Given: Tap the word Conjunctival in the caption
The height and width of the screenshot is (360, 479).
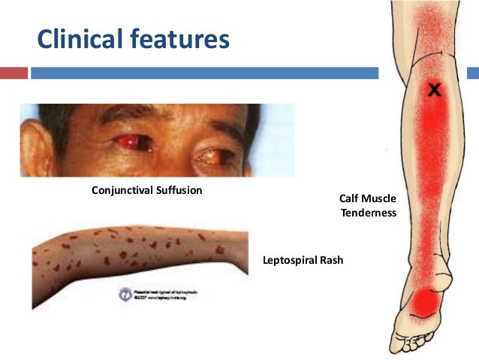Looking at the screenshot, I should (122, 190).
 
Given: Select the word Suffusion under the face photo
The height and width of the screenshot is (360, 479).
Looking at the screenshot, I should (178, 190).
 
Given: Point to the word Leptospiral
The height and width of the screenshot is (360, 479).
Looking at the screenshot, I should (290, 261).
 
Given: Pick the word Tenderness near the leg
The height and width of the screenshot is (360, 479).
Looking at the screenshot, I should (368, 213).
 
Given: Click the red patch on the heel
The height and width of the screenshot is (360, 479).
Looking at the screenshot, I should (426, 301).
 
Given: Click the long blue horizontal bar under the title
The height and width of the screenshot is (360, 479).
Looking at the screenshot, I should (203, 73).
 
